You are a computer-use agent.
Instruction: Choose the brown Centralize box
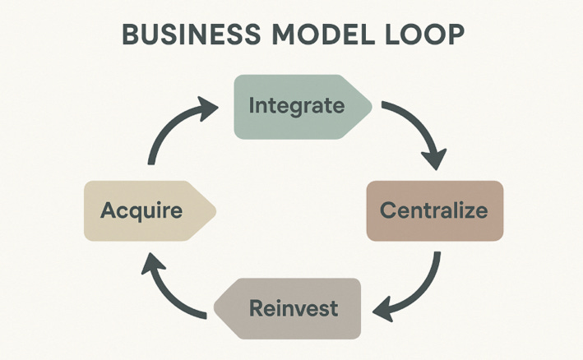pyautogui.click(x=433, y=210)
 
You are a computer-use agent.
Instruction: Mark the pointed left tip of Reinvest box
pyautogui.click(x=216, y=310)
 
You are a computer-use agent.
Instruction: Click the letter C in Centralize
pyautogui.click(x=387, y=210)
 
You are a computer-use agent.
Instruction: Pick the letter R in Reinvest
pyautogui.click(x=255, y=309)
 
